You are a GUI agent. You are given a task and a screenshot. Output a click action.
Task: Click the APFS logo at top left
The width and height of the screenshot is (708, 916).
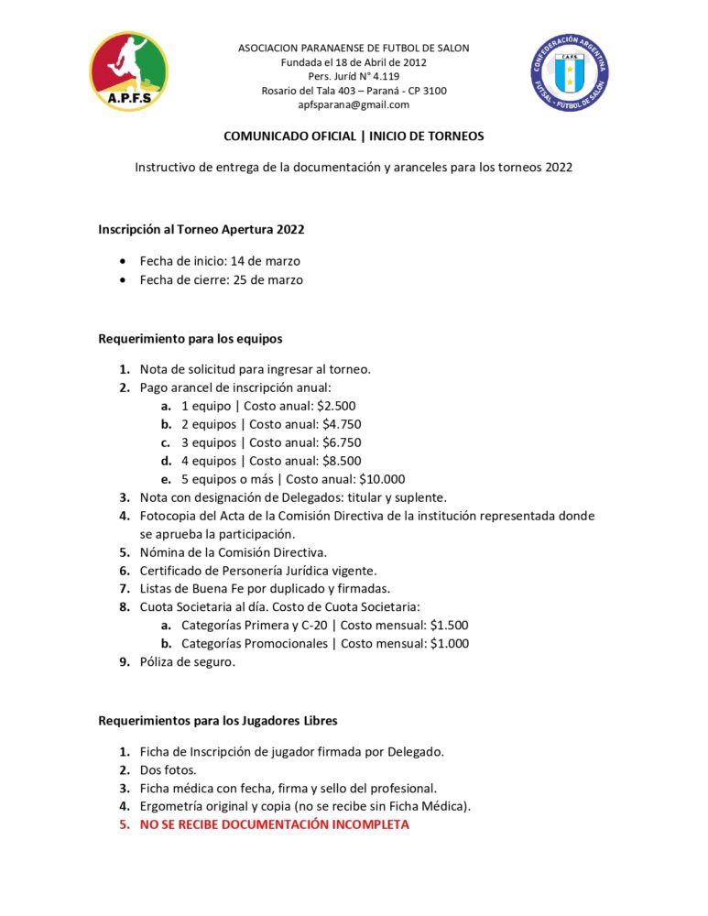128,71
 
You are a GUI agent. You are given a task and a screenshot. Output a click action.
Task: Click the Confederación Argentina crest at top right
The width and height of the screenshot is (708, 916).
571,72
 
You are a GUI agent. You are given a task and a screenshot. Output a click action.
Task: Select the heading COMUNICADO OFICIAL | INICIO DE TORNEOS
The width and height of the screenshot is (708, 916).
354,136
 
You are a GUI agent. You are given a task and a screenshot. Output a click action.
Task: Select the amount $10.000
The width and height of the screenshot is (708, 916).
382,479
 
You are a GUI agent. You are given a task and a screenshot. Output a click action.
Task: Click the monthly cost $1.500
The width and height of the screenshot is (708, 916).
449,626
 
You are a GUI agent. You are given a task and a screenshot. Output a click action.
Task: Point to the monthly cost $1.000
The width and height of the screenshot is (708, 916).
450,644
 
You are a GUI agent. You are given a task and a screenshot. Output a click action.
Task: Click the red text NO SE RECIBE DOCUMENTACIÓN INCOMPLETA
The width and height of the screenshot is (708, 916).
274,824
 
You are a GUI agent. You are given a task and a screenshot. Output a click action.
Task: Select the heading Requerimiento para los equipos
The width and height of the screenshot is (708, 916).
191,339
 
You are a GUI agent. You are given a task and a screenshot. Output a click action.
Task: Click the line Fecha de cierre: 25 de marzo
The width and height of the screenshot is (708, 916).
221,280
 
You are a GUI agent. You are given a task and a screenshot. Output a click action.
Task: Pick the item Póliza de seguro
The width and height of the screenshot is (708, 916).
187,662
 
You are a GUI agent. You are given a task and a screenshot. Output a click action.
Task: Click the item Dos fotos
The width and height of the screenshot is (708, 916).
169,770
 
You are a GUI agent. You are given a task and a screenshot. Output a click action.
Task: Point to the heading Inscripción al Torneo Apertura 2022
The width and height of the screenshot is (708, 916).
202,229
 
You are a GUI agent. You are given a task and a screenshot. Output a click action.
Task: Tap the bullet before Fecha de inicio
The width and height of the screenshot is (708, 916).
124,262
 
